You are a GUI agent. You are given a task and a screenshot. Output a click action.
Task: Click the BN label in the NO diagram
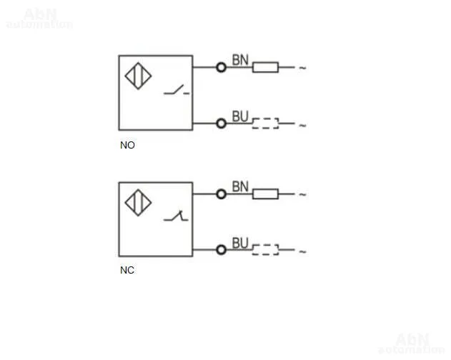pos(240,61)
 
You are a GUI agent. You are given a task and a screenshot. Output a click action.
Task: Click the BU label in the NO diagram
pos(240,116)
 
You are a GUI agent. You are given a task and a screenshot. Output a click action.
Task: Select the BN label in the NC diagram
pos(240,187)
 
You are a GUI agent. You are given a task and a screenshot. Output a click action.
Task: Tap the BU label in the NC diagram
pos(240,243)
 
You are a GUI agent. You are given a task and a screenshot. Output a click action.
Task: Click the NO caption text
pos(127,145)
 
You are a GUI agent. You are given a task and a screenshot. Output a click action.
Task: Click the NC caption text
pos(127,271)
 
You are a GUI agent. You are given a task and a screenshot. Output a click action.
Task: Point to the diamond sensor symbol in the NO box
pos(138,77)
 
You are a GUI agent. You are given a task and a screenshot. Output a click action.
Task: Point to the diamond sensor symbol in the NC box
pos(138,203)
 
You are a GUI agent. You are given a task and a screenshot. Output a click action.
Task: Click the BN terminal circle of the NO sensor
pos(221,67)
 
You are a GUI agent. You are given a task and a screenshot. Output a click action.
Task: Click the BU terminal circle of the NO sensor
pos(221,124)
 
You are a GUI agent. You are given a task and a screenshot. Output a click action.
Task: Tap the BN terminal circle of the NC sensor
pos(221,194)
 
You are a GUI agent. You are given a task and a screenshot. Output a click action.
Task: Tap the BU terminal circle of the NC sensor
pos(221,249)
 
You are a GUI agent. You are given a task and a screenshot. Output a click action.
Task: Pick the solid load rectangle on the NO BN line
pos(265,67)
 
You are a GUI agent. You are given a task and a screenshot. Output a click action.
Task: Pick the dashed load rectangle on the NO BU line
pos(265,123)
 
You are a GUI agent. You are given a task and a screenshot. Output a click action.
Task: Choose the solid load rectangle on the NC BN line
pos(265,194)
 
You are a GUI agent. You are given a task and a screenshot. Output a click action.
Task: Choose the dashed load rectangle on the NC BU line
pos(265,249)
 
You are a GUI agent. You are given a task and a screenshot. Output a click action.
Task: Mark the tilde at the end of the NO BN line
pos(302,69)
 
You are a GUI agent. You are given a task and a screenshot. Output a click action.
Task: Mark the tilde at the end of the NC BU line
pos(302,251)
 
